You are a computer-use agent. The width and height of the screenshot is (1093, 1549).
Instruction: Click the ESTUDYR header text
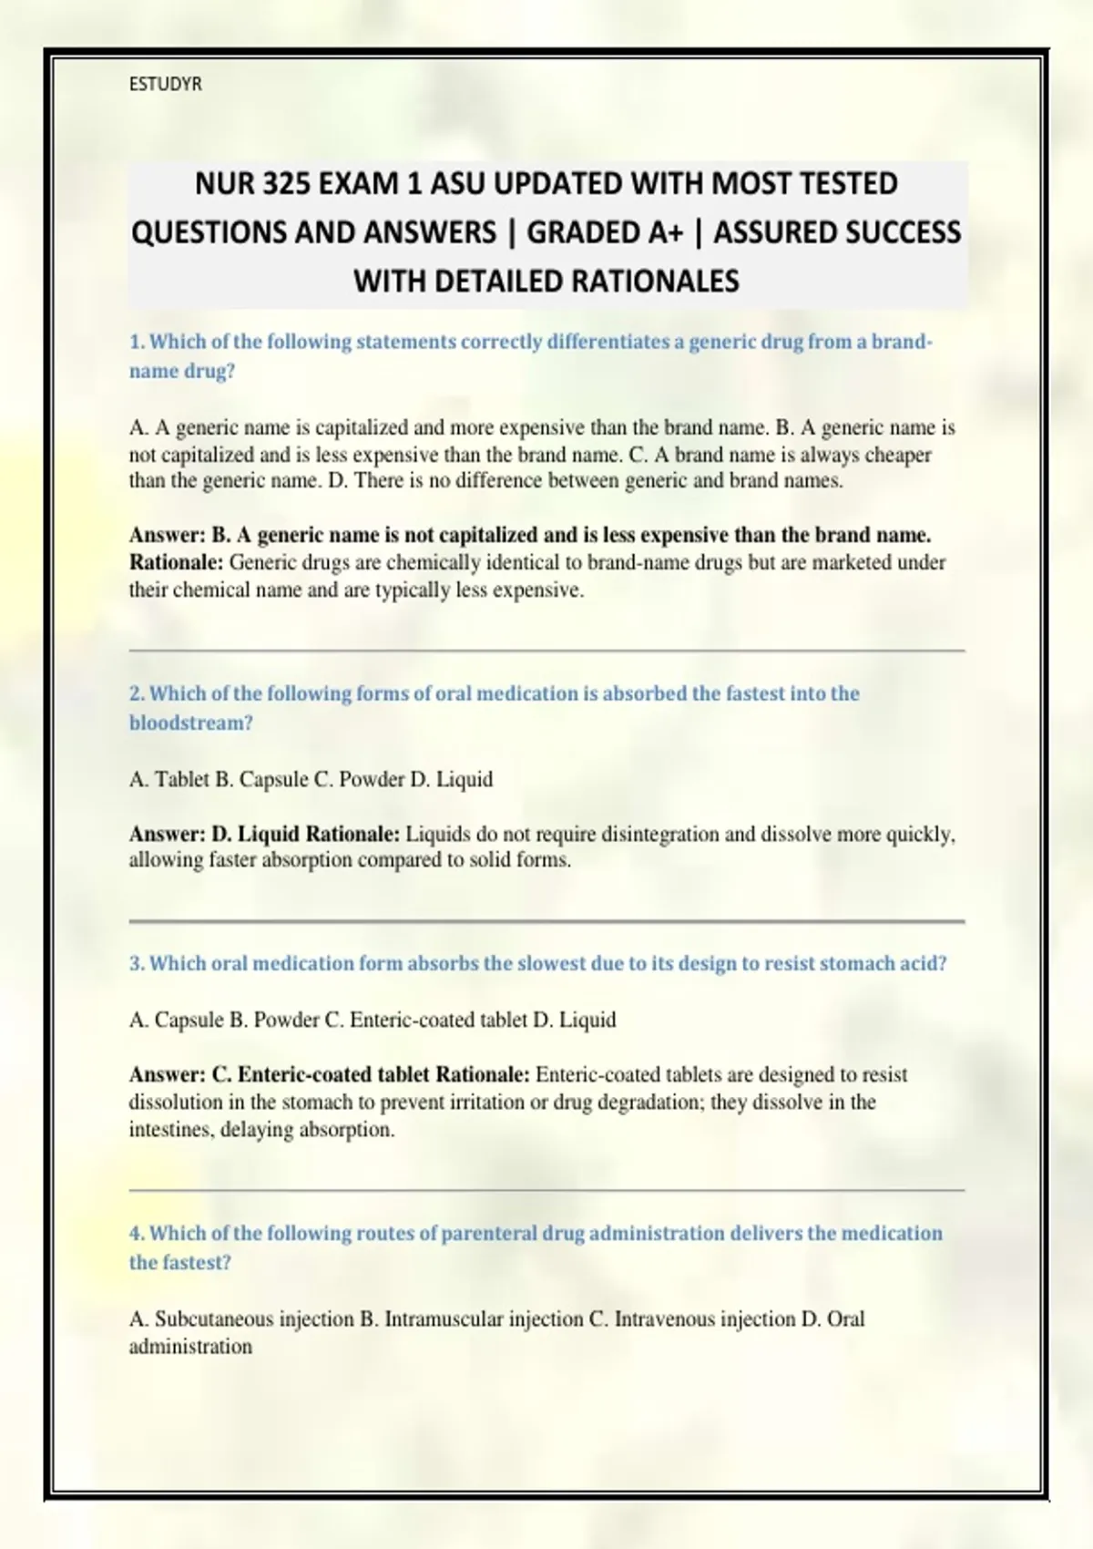click(165, 85)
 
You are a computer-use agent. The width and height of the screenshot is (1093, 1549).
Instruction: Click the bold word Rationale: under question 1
click(176, 563)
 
